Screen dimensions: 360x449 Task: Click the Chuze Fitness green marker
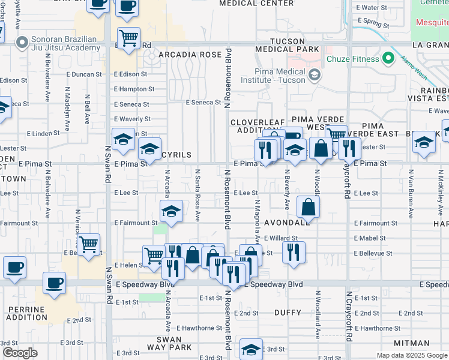coord(388,58)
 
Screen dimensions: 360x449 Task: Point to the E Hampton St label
coord(134,89)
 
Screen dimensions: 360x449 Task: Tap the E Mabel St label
coord(370,238)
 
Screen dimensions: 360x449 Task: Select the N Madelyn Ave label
coord(67,106)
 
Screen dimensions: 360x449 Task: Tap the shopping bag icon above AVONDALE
coord(308,208)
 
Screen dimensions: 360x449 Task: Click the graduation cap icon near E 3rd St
coord(252,349)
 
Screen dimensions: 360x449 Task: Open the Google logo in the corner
coord(20,353)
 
